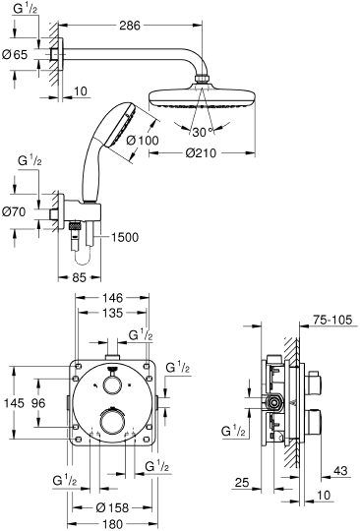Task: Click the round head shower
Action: click(202, 97)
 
